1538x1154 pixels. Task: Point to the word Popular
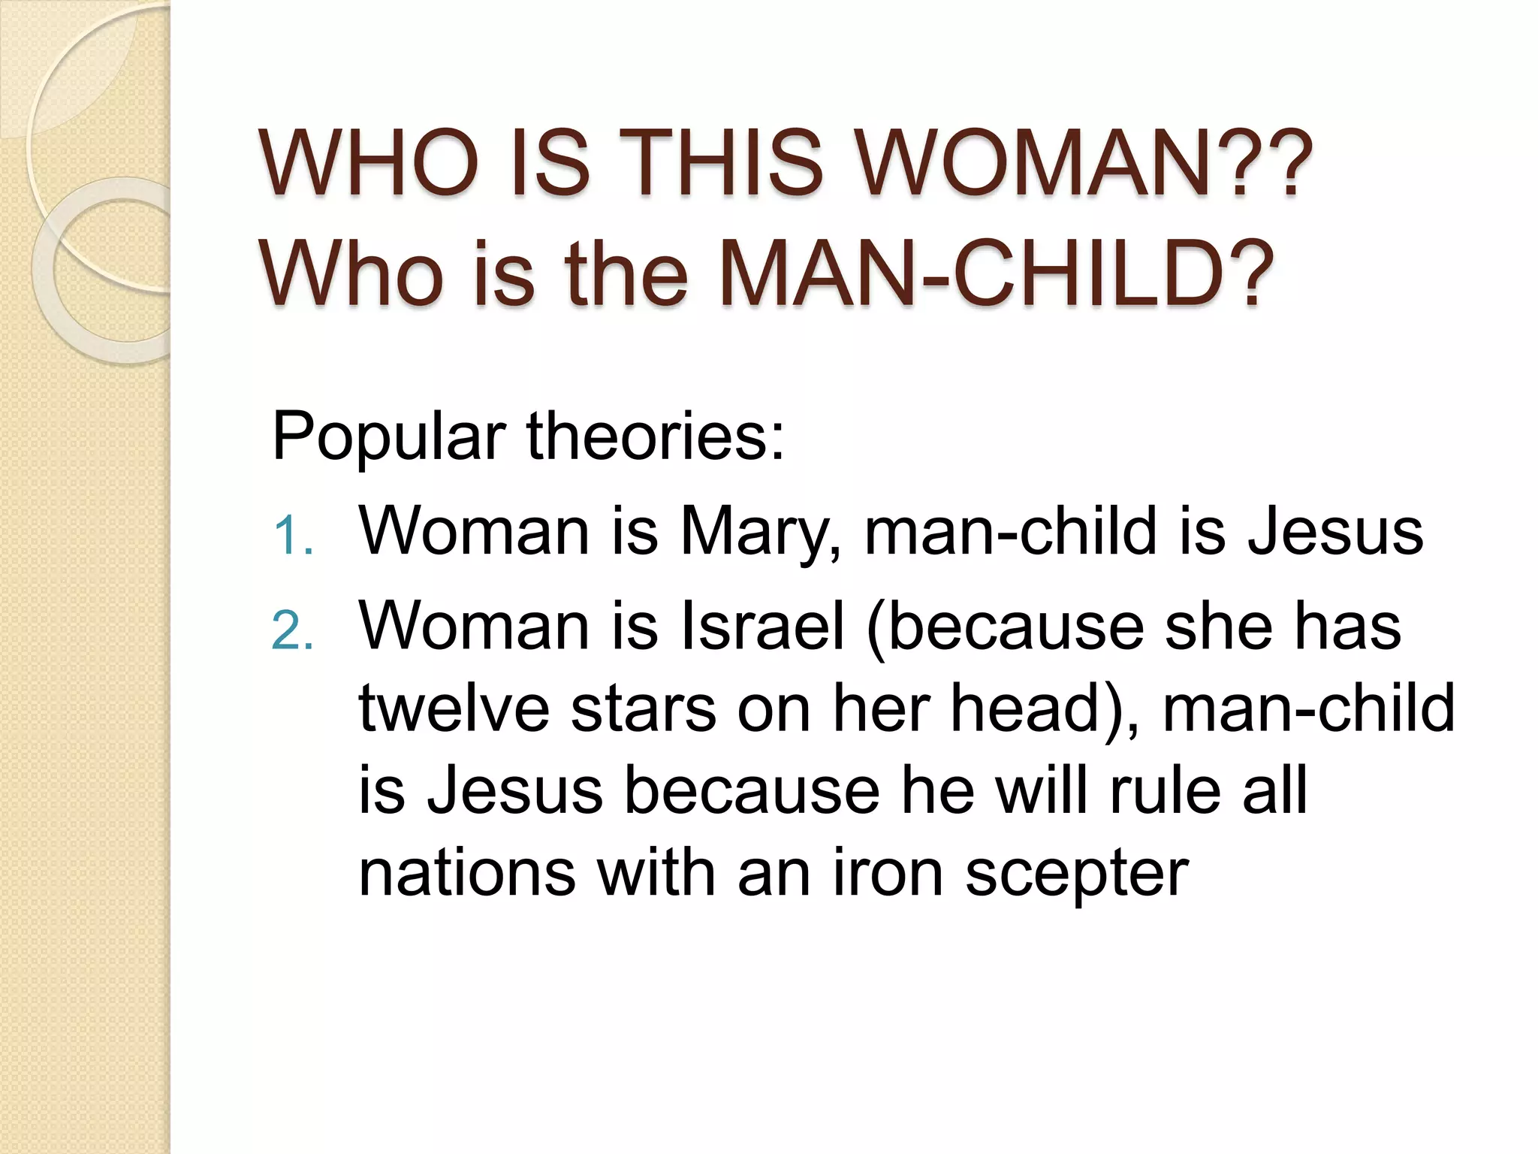[x=388, y=437]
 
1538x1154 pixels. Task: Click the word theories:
[x=656, y=436]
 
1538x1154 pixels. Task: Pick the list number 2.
[x=291, y=631]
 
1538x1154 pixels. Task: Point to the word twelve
[x=454, y=708]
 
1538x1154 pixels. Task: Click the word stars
[x=644, y=708]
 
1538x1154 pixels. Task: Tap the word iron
[x=888, y=873]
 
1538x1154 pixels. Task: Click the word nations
[x=467, y=873]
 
